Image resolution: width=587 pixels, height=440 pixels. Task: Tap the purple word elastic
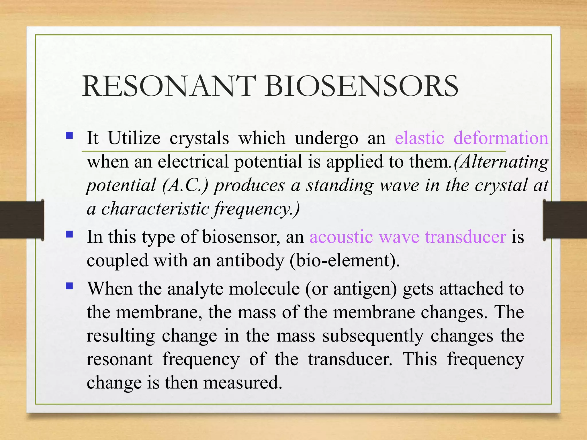coord(419,138)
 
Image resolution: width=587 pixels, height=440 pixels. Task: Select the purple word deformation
coord(501,138)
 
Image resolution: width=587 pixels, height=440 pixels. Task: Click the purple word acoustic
coord(341,237)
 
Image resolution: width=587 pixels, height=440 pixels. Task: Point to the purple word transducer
coord(465,237)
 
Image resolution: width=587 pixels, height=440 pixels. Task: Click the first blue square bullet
coord(69,135)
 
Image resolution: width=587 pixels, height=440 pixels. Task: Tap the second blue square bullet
coord(69,234)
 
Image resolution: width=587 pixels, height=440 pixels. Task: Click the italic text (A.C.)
coord(185,186)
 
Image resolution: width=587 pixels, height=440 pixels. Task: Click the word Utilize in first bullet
coord(134,138)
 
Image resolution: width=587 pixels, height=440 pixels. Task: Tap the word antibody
coord(250,261)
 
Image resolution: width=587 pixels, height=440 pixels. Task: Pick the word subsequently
coord(373,336)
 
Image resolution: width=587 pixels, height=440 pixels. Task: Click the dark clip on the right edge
coord(565,220)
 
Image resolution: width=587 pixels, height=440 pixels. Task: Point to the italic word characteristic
coord(155,209)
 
